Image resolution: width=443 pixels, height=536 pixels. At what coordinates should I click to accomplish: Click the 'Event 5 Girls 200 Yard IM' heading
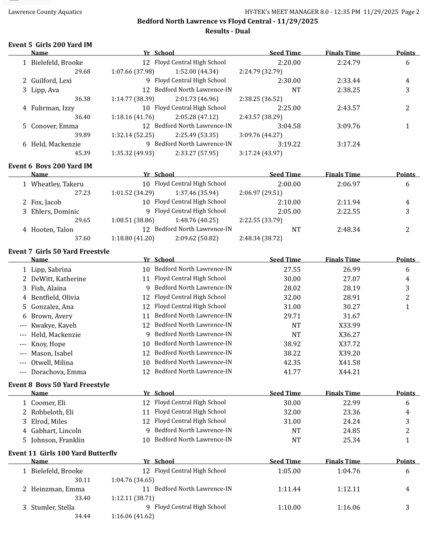[x=50, y=45]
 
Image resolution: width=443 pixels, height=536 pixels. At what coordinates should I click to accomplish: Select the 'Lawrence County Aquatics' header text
[x=45, y=12]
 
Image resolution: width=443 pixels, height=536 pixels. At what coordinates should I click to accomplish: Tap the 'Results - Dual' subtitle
[x=227, y=31]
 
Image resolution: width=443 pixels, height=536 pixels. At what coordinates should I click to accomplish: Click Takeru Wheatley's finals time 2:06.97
[x=348, y=184]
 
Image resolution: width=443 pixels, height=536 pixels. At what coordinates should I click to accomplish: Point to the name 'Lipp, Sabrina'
[x=51, y=269]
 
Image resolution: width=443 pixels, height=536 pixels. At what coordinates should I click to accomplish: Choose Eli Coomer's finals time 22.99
[x=351, y=403]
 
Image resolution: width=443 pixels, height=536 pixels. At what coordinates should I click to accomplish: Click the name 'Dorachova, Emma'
[x=58, y=372]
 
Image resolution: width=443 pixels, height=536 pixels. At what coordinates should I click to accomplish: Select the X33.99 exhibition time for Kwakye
[x=349, y=325]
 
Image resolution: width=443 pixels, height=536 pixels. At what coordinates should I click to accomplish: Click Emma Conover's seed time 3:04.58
[x=289, y=126]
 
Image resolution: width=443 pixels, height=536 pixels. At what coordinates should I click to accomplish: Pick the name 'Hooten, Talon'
[x=52, y=230]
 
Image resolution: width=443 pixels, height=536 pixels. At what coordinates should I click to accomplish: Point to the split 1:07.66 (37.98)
[x=132, y=72]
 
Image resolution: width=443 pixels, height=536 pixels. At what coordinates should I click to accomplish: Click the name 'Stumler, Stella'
[x=52, y=507]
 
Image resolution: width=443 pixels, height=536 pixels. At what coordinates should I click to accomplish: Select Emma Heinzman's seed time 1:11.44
[x=289, y=489]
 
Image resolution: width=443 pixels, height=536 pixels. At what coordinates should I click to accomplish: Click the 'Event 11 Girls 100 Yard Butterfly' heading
[x=63, y=453]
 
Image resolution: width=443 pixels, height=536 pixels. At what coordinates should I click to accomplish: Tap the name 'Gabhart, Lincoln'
[x=56, y=431]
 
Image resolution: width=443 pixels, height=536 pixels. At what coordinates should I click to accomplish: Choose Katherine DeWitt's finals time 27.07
[x=351, y=279]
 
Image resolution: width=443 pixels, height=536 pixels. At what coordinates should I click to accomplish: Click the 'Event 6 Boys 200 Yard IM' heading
[x=50, y=166]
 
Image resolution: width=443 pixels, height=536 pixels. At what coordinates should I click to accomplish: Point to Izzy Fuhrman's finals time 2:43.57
[x=348, y=108]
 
